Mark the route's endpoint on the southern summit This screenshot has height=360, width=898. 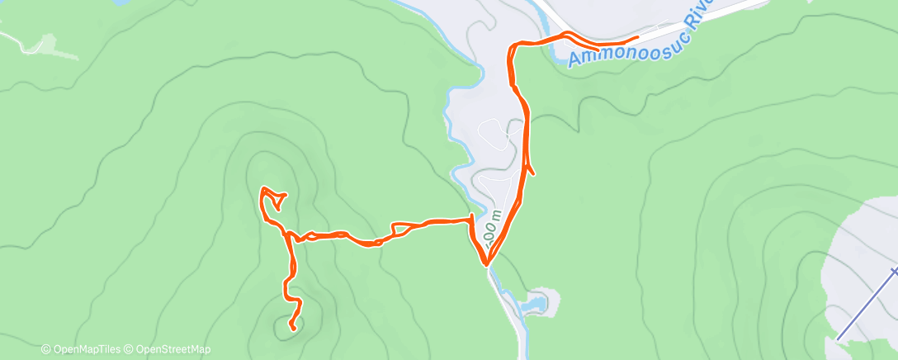[x=293, y=329]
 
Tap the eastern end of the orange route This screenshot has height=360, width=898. [x=637, y=37]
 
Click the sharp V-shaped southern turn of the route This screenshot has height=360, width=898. [x=487, y=265]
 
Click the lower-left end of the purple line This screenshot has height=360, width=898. [x=838, y=339]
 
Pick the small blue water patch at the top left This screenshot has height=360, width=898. [x=121, y=2]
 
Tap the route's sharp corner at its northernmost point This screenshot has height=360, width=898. [x=513, y=44]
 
